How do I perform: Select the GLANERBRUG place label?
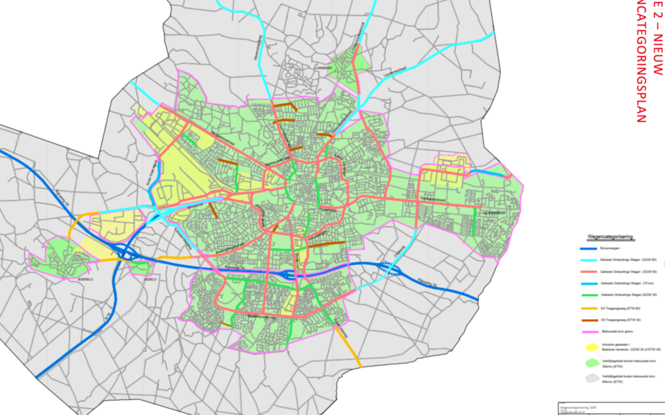(496, 212)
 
